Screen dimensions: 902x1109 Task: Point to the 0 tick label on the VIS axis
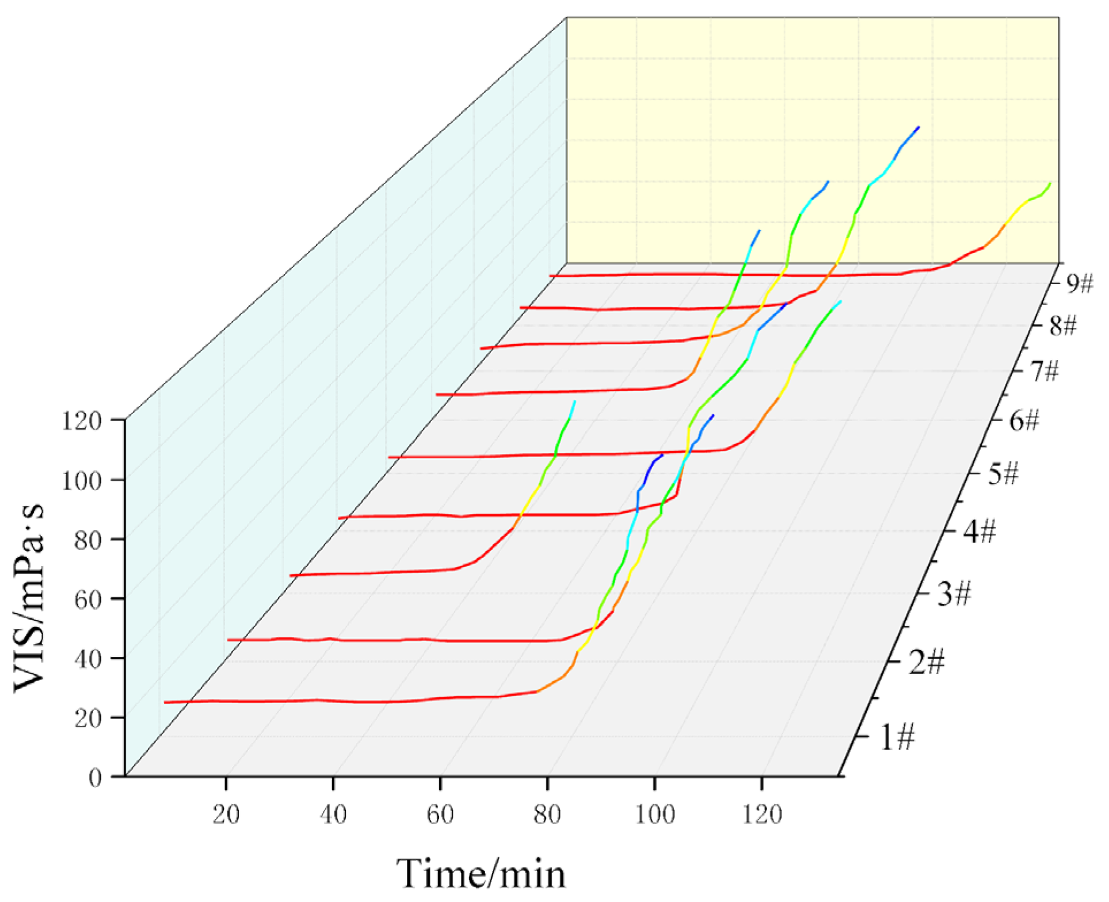(x=95, y=778)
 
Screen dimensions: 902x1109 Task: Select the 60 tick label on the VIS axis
(x=87, y=599)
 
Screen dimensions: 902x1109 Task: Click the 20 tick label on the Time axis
(x=226, y=815)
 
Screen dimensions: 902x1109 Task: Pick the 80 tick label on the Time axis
(x=547, y=815)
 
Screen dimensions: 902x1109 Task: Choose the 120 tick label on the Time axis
(x=761, y=815)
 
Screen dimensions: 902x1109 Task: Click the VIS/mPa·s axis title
(x=30, y=598)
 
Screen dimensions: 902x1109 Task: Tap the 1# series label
(x=897, y=737)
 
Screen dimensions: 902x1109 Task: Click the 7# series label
(x=1043, y=372)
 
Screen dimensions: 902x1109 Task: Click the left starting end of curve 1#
(x=165, y=702)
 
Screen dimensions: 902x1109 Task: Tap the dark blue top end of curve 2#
(x=662, y=455)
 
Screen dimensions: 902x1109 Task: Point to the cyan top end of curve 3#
(x=574, y=401)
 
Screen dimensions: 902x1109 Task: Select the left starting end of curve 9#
(x=551, y=276)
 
